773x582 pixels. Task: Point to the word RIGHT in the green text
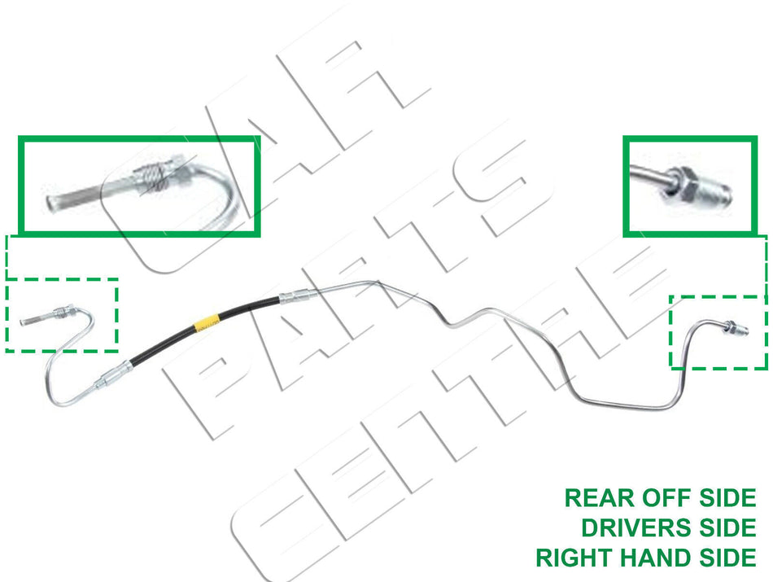point(574,558)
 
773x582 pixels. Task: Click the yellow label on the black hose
point(204,322)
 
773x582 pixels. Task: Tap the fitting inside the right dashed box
point(736,328)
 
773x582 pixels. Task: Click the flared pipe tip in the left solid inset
point(53,203)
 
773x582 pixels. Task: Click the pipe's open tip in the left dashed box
point(22,322)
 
